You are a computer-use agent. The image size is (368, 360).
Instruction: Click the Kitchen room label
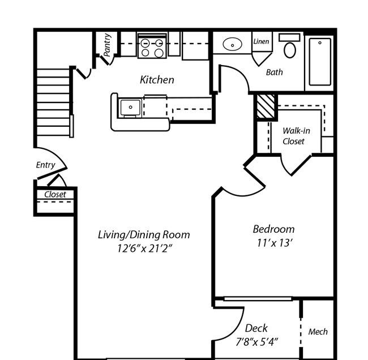pyautogui.click(x=157, y=80)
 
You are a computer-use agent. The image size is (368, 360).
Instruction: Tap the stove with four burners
pyautogui.click(x=152, y=47)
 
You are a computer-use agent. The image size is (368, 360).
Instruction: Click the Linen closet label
pyautogui.click(x=261, y=41)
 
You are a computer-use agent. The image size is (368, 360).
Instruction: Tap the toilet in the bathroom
pyautogui.click(x=290, y=48)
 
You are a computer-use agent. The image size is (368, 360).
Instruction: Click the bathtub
pyautogui.click(x=320, y=61)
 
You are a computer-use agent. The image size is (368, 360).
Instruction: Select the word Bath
pyautogui.click(x=274, y=72)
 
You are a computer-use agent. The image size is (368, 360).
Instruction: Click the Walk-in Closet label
pyautogui.click(x=294, y=136)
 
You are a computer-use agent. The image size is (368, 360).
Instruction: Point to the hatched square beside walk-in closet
pyautogui.click(x=266, y=106)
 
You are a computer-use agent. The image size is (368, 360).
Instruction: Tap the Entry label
pyautogui.click(x=45, y=165)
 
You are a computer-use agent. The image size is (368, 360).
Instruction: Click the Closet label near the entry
pyautogui.click(x=55, y=195)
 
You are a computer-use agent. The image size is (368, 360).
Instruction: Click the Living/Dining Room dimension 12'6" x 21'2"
pyautogui.click(x=143, y=248)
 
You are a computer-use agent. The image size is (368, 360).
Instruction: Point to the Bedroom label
pyautogui.click(x=273, y=229)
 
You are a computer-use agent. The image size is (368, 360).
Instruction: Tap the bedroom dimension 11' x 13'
pyautogui.click(x=273, y=243)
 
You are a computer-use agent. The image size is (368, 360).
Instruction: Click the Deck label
pyautogui.click(x=256, y=328)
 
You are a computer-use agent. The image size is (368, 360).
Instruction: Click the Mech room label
pyautogui.click(x=318, y=332)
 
